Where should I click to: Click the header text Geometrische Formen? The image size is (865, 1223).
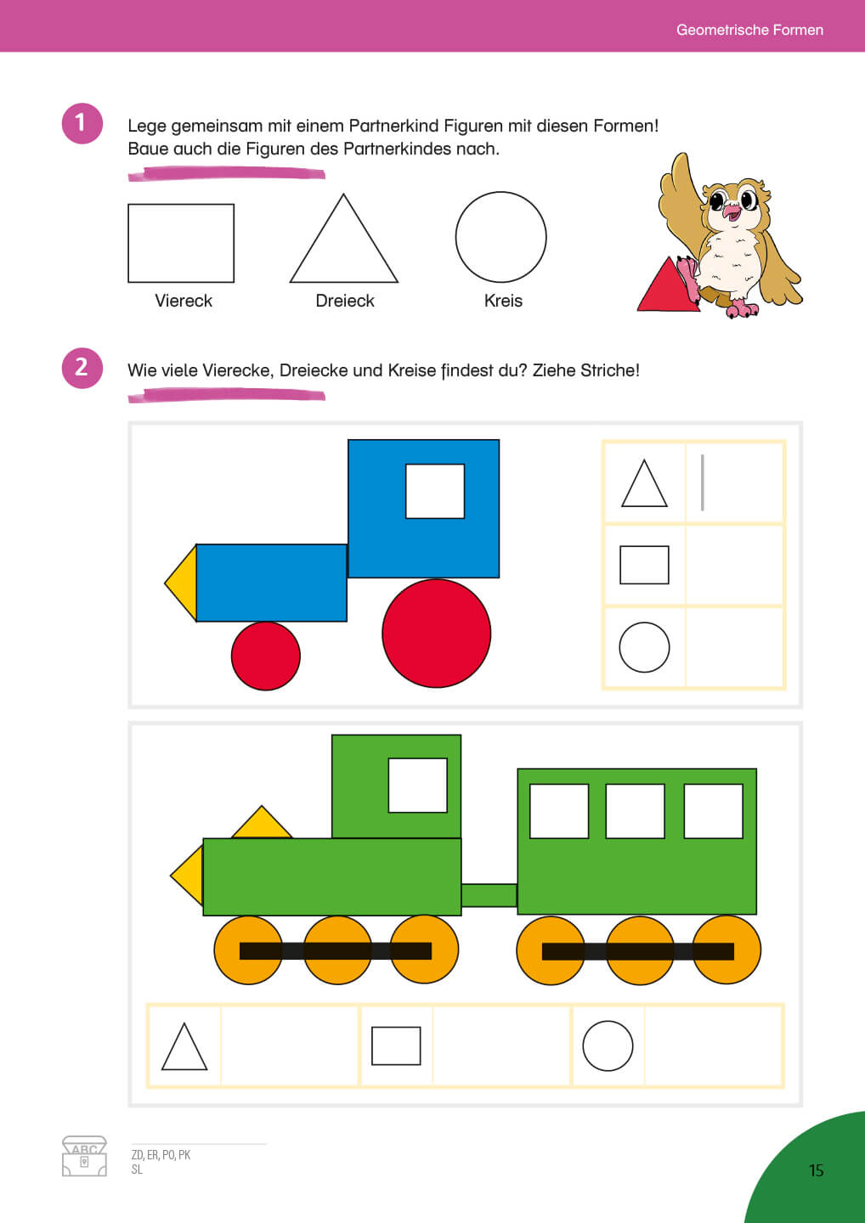[x=749, y=30]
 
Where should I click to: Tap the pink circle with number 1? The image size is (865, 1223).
[x=82, y=123]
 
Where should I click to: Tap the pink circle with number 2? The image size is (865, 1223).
[x=82, y=368]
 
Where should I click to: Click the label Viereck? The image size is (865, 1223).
[x=184, y=301]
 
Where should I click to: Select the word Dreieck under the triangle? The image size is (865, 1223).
[x=345, y=301]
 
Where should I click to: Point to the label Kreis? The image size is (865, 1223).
[x=504, y=301]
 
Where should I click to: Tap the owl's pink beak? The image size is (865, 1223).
[x=732, y=211]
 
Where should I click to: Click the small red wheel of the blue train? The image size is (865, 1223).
[x=266, y=656]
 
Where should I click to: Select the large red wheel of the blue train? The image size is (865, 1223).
[x=437, y=634]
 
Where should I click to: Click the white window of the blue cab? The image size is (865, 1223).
[x=435, y=491]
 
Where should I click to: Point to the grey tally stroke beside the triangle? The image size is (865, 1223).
[x=702, y=482]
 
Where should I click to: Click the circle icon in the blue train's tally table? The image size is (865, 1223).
[x=644, y=647]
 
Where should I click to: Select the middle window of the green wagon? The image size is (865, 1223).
[x=635, y=811]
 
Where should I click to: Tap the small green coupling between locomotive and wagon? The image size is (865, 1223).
[x=489, y=895]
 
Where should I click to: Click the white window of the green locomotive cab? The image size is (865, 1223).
[x=418, y=785]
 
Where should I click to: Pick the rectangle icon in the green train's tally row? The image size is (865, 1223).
[x=396, y=1046]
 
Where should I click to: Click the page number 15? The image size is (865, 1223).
[x=816, y=1170]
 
